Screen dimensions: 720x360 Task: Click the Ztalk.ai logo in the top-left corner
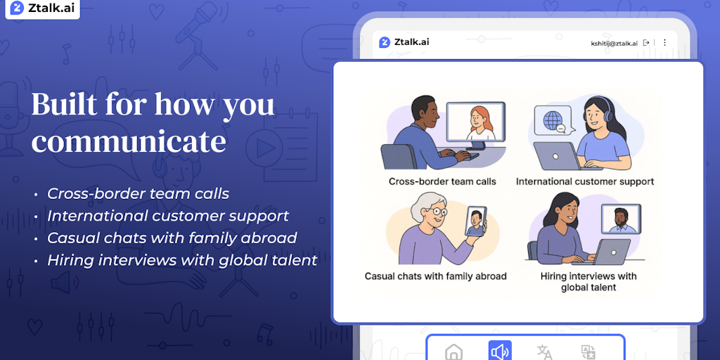(42, 8)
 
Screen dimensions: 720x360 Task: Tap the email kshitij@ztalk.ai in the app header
(614, 43)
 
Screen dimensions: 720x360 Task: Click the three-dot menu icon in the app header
(664, 43)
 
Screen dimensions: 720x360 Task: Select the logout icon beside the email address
(646, 43)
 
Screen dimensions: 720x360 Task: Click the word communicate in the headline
(129, 142)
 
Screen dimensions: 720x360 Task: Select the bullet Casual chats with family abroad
(172, 238)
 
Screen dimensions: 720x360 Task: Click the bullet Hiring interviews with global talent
(182, 260)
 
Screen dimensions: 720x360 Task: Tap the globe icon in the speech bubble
(553, 120)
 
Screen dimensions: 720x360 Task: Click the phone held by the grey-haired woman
(475, 221)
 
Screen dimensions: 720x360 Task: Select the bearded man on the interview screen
(621, 220)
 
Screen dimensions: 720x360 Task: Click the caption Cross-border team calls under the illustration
(442, 181)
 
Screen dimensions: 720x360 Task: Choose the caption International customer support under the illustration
(584, 181)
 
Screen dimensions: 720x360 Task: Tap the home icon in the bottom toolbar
(454, 353)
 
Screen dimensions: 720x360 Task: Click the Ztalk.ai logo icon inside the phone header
(385, 43)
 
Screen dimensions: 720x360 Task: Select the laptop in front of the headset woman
(559, 156)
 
